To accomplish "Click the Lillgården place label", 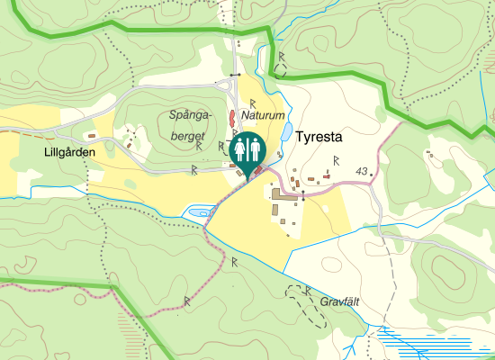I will [68, 153].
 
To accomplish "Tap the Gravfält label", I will [339, 302].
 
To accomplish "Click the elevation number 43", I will [362, 171].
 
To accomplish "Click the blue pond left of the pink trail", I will [195, 211].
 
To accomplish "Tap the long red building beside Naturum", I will [232, 118].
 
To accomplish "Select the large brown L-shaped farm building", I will [284, 194].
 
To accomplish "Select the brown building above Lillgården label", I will [129, 143].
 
